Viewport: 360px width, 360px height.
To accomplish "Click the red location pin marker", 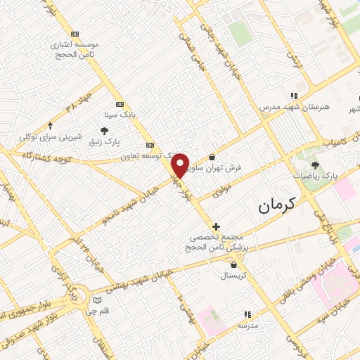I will pyautogui.click(x=180, y=165).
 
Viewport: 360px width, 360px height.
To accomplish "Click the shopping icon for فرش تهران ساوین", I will pyautogui.click(x=212, y=157).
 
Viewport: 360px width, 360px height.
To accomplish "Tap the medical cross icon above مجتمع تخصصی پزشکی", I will pyautogui.click(x=216, y=226).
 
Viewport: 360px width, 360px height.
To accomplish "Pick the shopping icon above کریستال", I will pyautogui.click(x=233, y=264).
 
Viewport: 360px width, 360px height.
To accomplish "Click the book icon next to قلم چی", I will pyautogui.click(x=97, y=300).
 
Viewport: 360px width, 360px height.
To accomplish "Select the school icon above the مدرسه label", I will pyautogui.click(x=247, y=314).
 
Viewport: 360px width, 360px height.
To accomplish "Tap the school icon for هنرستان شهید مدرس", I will pyautogui.click(x=294, y=96).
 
